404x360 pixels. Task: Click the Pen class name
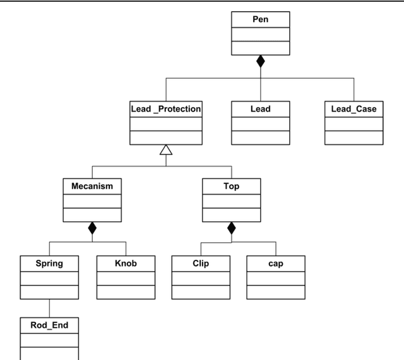(x=260, y=20)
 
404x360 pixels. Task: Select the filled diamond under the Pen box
(x=260, y=62)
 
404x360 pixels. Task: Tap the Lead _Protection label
(x=165, y=109)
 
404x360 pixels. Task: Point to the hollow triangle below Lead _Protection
(x=165, y=149)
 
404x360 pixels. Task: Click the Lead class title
(x=260, y=109)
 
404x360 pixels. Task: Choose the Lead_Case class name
(x=353, y=109)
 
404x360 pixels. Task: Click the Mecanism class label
(x=92, y=187)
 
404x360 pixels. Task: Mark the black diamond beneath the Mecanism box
(x=92, y=228)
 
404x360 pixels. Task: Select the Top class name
(x=231, y=187)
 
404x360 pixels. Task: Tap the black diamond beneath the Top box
(x=231, y=228)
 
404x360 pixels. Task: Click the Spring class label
(x=49, y=263)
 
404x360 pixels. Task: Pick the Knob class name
(x=126, y=263)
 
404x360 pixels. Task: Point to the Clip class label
(x=201, y=263)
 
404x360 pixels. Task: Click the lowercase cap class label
(x=276, y=263)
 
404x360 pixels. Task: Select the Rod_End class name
(x=49, y=325)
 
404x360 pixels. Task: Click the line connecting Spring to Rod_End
(x=49, y=308)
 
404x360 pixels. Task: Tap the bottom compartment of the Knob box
(x=126, y=292)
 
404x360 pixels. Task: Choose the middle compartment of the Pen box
(x=260, y=33)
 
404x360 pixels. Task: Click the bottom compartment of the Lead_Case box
(x=353, y=138)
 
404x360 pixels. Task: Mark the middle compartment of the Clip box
(x=201, y=277)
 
